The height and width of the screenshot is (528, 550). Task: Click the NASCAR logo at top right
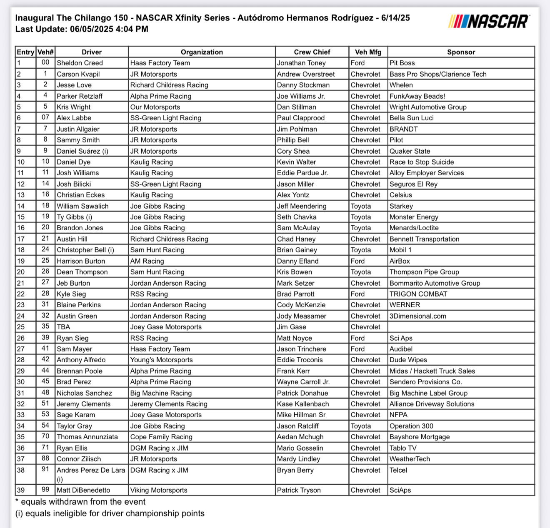tap(489, 21)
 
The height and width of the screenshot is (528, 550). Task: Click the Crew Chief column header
tap(312, 52)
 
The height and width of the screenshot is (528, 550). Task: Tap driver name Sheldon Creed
tap(80, 63)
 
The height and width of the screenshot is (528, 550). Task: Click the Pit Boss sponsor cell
tap(402, 63)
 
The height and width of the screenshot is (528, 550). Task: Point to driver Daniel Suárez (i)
tap(82, 151)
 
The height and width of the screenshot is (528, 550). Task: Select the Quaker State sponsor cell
tap(410, 151)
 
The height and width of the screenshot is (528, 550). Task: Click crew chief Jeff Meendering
tap(302, 206)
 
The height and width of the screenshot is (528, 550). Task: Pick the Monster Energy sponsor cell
tap(414, 217)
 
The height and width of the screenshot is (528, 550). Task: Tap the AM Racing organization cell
tap(147, 261)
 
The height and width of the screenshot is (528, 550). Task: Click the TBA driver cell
tap(63, 327)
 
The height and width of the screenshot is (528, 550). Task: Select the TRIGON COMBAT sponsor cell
tap(418, 294)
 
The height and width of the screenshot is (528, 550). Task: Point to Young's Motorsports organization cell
tap(161, 360)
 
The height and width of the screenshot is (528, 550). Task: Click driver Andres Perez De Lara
tap(91, 470)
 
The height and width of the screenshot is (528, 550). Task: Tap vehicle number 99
tap(45, 490)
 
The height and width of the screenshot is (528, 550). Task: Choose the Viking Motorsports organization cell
tap(159, 490)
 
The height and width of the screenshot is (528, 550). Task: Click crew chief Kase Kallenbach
tap(303, 404)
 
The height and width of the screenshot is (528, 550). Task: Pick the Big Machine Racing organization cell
tap(161, 393)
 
